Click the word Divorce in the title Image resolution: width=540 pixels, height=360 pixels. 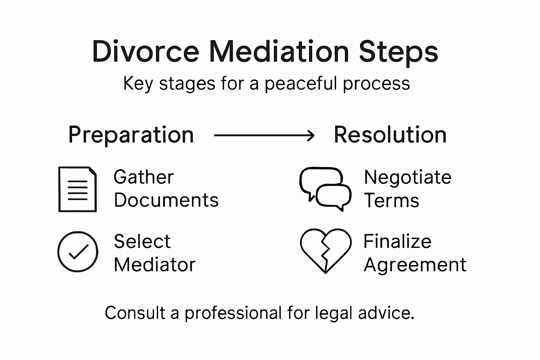146,52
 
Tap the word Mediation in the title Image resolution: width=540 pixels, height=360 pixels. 279,52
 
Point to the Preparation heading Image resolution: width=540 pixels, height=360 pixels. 131,135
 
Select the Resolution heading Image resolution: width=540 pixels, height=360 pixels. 390,135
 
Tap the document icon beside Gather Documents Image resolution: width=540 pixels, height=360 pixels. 77,189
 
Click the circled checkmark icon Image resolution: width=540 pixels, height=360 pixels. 78,251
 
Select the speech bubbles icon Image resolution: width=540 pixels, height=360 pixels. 325,189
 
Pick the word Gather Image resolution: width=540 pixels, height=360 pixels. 144,177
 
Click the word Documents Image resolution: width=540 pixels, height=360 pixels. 166,200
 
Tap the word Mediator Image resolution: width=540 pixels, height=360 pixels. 155,265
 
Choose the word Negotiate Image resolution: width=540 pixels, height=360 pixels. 407,177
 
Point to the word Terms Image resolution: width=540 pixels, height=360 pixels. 391,201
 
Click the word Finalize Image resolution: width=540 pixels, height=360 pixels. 397,242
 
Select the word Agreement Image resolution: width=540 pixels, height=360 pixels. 415,265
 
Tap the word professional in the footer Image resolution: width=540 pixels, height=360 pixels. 233,313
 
